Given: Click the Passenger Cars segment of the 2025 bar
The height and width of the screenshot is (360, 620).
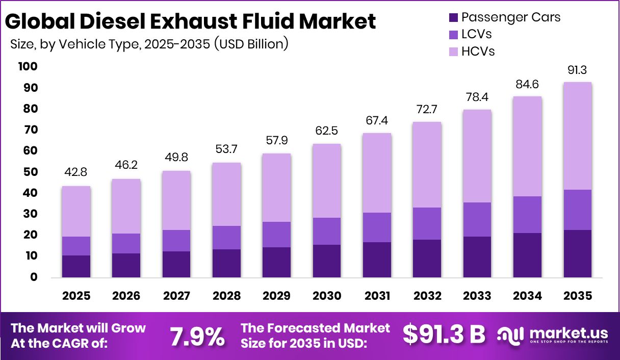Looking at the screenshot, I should click(x=76, y=266).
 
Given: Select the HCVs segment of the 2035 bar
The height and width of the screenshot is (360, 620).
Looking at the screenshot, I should click(x=577, y=136).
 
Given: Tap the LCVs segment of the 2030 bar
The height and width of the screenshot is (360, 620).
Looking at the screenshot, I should click(x=326, y=231).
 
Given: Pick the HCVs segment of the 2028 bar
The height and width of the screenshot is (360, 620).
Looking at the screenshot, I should click(x=226, y=194).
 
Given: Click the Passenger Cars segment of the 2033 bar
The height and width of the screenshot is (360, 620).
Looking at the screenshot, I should click(x=477, y=257).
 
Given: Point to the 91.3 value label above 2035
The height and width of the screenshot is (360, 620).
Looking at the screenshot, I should click(x=577, y=70).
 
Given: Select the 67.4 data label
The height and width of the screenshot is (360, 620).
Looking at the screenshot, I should click(x=377, y=121).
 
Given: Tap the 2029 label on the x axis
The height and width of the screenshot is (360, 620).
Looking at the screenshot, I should click(x=276, y=296).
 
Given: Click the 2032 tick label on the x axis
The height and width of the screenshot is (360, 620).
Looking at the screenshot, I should click(x=427, y=296).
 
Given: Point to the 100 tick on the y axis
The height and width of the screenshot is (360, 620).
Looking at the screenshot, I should click(x=28, y=67).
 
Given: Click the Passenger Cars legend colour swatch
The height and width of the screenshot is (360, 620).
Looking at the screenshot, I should click(x=453, y=17).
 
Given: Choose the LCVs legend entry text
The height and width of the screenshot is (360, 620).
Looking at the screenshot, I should click(x=476, y=34).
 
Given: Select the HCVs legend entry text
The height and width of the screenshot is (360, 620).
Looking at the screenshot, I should click(x=478, y=51).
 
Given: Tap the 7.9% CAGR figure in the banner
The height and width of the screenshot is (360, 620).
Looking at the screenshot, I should click(x=197, y=336).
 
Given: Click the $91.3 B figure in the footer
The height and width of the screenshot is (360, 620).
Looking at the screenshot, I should click(x=444, y=335).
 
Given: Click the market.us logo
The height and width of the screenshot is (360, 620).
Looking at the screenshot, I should click(x=553, y=336).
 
